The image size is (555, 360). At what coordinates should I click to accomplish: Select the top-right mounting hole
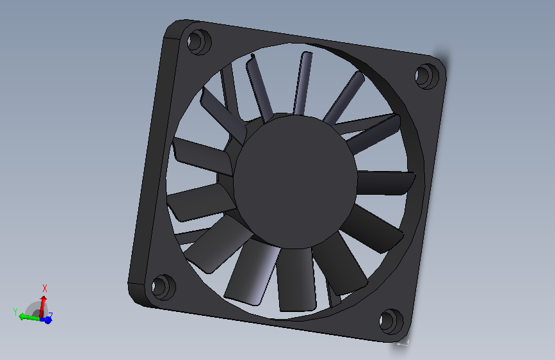point(425,76)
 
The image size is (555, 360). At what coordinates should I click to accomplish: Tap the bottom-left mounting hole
point(163,286)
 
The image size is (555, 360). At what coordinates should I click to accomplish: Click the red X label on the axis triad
point(45,288)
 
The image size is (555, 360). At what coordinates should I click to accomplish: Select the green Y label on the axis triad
point(15,312)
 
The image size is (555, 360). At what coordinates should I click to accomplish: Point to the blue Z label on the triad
point(51,315)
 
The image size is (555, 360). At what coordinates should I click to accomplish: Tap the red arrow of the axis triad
point(44,305)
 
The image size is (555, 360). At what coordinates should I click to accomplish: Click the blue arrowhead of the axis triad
point(47,320)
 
